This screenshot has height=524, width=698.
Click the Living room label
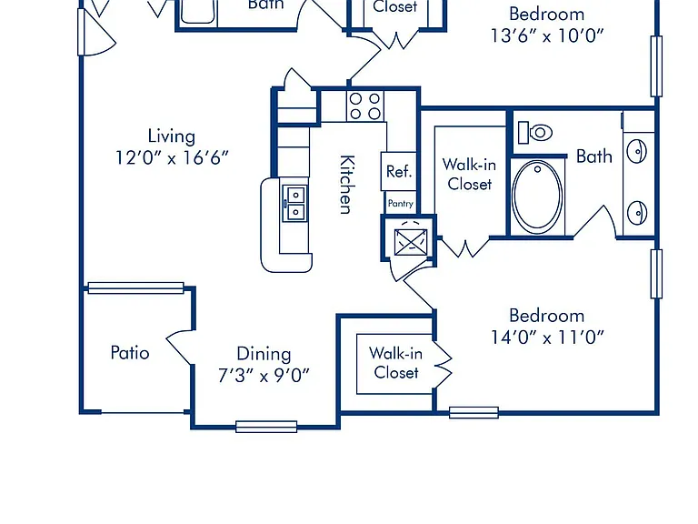[172, 136]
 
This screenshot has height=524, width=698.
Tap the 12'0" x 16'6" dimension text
[172, 157]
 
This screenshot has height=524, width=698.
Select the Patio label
[130, 352]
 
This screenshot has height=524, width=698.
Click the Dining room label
[264, 354]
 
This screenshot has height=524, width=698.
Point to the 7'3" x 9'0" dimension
[264, 375]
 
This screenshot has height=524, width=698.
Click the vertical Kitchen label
[347, 185]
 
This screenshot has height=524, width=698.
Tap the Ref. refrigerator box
[399, 172]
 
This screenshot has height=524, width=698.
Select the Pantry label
[401, 203]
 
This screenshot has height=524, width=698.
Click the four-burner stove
[365, 106]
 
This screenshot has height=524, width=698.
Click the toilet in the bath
[535, 132]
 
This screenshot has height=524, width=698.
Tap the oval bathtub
[537, 196]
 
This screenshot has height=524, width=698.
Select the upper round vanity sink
[637, 152]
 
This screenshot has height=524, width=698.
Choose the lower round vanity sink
[637, 213]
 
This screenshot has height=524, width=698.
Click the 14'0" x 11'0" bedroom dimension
[547, 338]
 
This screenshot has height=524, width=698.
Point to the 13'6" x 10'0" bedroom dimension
[547, 35]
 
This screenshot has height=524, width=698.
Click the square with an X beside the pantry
[411, 242]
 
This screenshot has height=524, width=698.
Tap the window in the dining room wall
[266, 427]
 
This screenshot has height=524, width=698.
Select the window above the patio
[135, 287]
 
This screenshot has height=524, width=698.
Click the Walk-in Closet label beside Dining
[395, 363]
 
